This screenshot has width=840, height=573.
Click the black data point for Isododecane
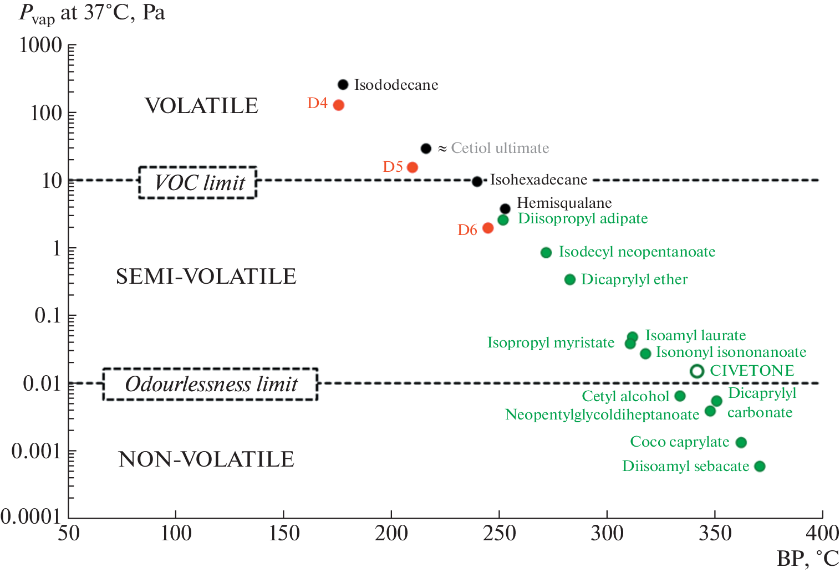tap(343, 85)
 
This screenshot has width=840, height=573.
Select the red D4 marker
tap(339, 105)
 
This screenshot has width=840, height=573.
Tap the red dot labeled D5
tap(413, 167)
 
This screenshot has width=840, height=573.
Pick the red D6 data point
tap(488, 228)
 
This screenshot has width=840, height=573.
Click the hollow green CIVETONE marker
tap(697, 371)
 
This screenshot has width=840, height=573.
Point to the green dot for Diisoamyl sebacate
tap(760, 467)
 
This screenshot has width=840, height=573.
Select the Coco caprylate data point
tap(741, 442)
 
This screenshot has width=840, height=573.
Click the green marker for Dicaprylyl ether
tap(570, 279)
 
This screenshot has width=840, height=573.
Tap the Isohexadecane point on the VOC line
tap(477, 181)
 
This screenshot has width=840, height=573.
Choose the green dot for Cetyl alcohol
tap(680, 396)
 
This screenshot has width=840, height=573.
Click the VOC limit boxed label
tap(198, 182)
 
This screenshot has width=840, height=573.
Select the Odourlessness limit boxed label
tap(211, 384)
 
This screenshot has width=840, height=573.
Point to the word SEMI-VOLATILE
tap(206, 277)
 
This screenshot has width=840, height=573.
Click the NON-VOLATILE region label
tap(206, 459)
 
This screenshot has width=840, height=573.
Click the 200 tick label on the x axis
tap(391, 533)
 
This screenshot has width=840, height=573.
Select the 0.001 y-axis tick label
tap(36, 451)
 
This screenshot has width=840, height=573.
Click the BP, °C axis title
tap(807, 559)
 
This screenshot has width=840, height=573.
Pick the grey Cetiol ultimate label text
tap(500, 148)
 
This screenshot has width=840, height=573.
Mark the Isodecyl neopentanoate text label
tap(637, 252)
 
